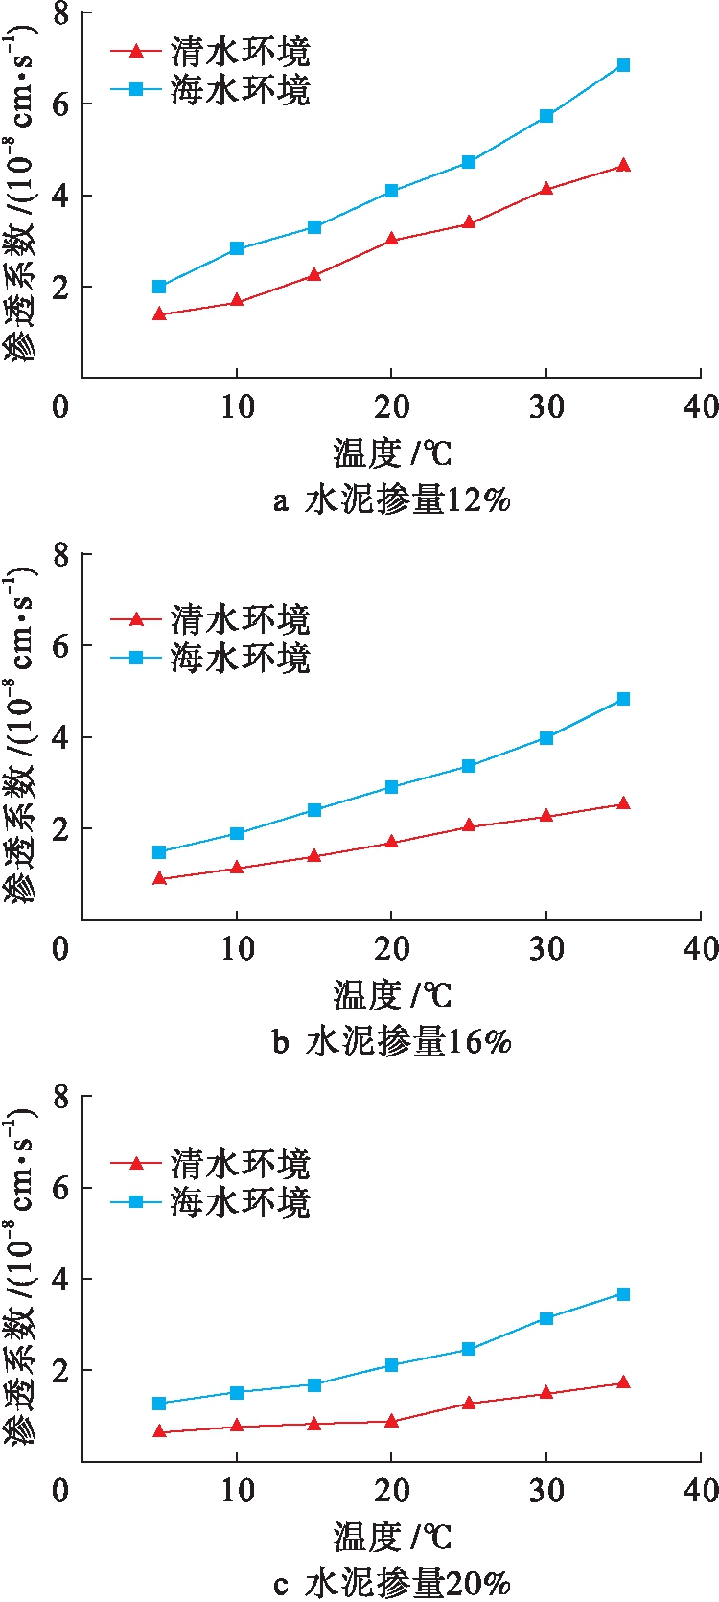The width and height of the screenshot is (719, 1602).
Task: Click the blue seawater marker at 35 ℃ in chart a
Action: click(x=623, y=65)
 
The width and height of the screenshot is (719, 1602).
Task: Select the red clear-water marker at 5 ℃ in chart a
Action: click(x=159, y=314)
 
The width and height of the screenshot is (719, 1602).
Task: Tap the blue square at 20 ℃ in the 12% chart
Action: click(x=391, y=191)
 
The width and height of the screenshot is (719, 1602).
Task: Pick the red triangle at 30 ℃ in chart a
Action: click(x=546, y=189)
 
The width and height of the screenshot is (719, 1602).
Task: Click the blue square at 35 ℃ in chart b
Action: click(x=623, y=699)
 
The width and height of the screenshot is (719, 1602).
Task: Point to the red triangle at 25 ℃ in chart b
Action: click(x=469, y=825)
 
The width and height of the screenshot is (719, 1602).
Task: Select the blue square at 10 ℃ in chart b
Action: click(x=237, y=834)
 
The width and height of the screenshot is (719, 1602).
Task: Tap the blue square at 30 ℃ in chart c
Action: click(x=546, y=1318)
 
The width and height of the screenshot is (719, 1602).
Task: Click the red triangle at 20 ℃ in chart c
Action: click(x=391, y=1421)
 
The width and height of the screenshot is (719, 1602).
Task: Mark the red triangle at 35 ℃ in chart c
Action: click(x=623, y=1382)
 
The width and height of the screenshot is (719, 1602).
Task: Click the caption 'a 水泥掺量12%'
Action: click(x=391, y=499)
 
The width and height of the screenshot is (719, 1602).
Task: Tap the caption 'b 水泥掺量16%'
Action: click(x=391, y=1041)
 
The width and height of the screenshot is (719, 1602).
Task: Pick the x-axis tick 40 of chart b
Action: click(x=701, y=949)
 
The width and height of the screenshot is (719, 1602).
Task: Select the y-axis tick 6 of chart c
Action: click(x=60, y=1188)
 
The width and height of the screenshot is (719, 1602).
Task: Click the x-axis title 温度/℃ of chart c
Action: click(x=391, y=1537)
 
